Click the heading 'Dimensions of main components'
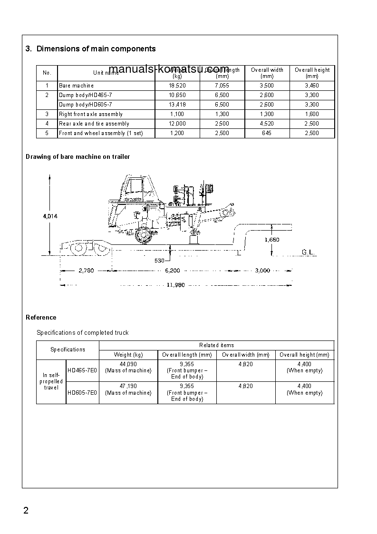pyautogui.click(x=96, y=49)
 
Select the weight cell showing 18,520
pyautogui.click(x=177, y=86)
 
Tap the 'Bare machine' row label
pyautogui.click(x=76, y=86)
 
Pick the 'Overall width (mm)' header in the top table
pyautogui.click(x=267, y=73)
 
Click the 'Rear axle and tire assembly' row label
pyautogui.click(x=94, y=124)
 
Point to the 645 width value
pyautogui.click(x=267, y=133)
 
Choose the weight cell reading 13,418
pyautogui.click(x=177, y=105)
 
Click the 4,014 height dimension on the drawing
pyautogui.click(x=50, y=216)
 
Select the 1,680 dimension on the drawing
pyautogui.click(x=271, y=240)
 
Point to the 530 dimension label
pyautogui.click(x=160, y=260)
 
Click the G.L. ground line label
pyautogui.click(x=309, y=252)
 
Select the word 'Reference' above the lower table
pyautogui.click(x=41, y=317)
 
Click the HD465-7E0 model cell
pyautogui.click(x=82, y=370)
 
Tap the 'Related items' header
pyautogui.click(x=216, y=345)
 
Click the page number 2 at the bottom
pyautogui.click(x=26, y=511)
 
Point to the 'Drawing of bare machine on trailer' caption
pyautogui.click(x=77, y=156)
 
